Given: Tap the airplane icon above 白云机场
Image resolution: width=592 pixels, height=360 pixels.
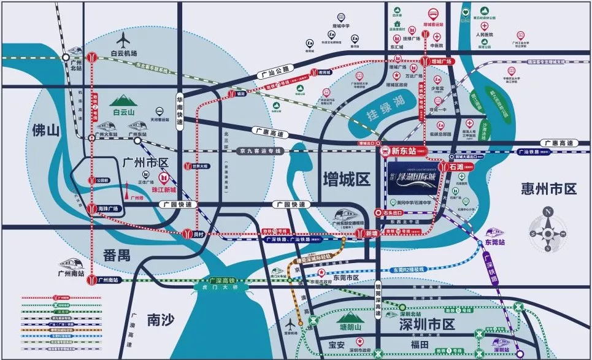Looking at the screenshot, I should click(x=125, y=40).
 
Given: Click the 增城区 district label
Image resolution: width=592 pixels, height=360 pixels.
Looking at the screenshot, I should click(x=347, y=180).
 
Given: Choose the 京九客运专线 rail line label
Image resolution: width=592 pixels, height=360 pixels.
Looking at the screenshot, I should click(x=256, y=150).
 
